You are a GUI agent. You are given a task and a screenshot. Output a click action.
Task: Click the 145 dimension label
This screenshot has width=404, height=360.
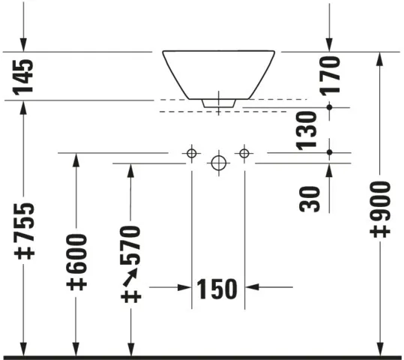[x=23, y=76]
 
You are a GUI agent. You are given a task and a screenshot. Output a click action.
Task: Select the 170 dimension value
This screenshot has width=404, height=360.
[x=330, y=76]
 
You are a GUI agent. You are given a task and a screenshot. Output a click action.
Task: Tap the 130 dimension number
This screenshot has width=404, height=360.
[x=306, y=130]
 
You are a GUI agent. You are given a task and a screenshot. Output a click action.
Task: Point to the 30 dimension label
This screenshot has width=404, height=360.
[x=309, y=199]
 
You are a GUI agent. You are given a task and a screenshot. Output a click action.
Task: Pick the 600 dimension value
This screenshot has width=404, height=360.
[x=76, y=254]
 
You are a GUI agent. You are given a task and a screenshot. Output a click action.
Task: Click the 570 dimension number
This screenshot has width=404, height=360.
[x=130, y=245]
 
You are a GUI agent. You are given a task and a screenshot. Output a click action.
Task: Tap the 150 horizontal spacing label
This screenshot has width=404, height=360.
[x=217, y=289]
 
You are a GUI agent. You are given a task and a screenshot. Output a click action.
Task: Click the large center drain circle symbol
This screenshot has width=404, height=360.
[x=219, y=163]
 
